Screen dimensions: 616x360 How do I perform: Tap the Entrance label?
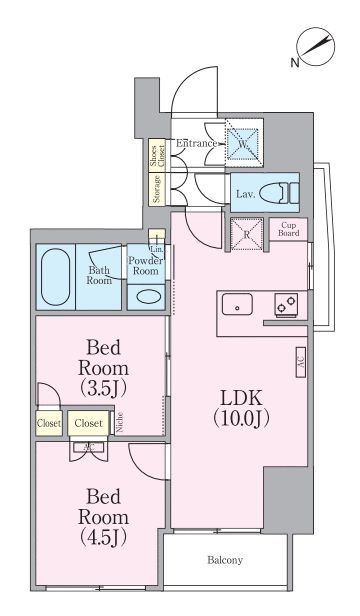click(197, 143)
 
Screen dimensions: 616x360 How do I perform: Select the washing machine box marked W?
click(241, 142)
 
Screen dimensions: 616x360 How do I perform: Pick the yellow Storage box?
click(157, 188)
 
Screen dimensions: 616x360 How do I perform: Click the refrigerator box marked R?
click(247, 232)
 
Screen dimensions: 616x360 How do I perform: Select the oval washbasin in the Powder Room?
click(148, 295)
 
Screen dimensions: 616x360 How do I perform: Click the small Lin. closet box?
click(157, 243)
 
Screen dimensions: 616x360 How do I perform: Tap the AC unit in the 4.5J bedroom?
click(89, 448)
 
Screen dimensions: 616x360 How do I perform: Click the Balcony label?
click(226, 561)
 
